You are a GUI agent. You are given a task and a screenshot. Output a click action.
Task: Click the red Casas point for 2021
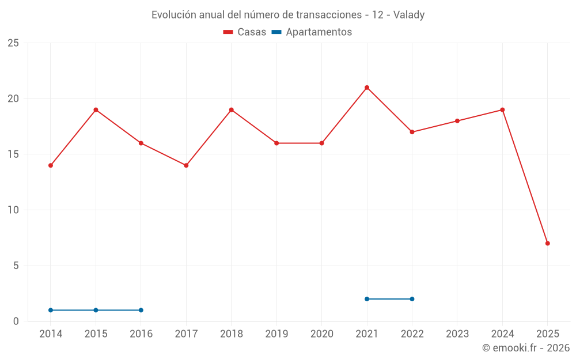coord(367,88)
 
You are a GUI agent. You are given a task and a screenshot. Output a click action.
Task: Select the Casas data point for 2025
coord(548,243)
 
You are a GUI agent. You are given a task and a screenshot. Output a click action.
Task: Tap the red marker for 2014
coord(51,165)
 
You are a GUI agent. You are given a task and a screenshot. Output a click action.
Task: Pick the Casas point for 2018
coord(232,109)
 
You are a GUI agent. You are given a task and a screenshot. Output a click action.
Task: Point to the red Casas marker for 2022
coord(412,132)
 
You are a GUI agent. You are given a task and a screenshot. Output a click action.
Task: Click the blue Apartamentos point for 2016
coord(141,310)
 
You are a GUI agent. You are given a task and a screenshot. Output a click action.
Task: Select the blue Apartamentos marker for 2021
coord(367,299)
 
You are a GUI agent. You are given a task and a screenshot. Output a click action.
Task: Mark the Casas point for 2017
coord(186,165)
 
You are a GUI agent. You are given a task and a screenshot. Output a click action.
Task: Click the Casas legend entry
coord(245,32)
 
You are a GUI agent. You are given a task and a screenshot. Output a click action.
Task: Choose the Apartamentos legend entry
coord(312,32)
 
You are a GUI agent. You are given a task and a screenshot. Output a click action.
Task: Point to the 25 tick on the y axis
coord(13,43)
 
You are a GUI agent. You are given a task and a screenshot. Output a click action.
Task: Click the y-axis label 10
coord(13,210)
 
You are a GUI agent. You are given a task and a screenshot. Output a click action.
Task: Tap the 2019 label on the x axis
coord(276,334)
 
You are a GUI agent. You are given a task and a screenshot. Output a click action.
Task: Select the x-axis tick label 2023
coord(457,334)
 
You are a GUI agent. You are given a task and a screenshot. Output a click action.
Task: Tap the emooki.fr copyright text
coord(526,348)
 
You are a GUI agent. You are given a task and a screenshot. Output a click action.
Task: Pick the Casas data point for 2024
coord(502,109)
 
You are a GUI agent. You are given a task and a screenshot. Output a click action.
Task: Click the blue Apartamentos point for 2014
coord(51,310)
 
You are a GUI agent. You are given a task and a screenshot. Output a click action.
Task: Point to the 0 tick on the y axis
coord(16,321)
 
